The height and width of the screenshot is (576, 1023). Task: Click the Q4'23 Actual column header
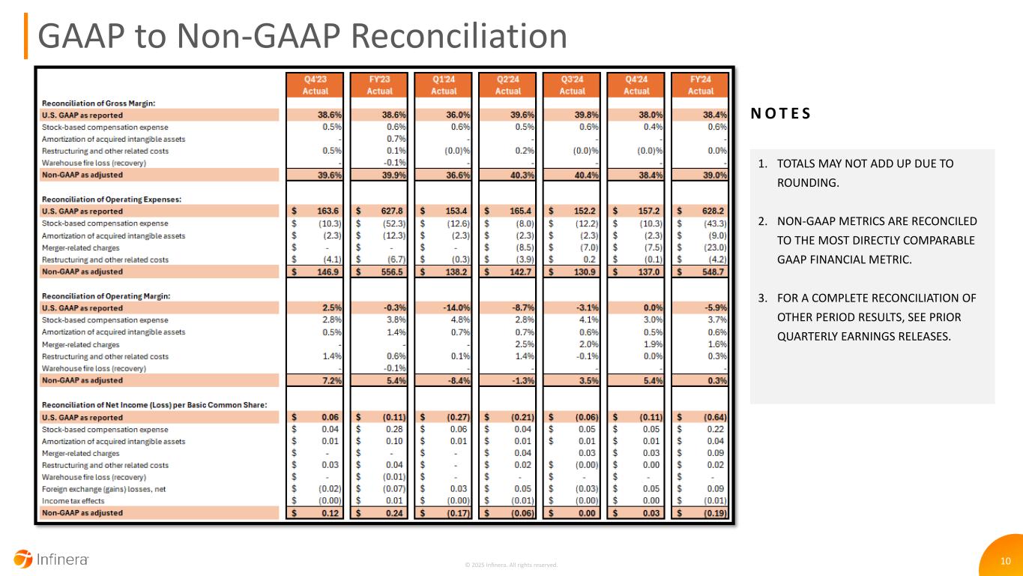315,84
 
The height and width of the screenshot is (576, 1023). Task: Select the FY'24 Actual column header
701,84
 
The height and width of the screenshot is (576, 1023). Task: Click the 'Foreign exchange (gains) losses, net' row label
106,489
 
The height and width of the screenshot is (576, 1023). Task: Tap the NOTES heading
780,114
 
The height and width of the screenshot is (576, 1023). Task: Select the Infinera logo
52,559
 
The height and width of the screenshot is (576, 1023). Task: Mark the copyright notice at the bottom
511,565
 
